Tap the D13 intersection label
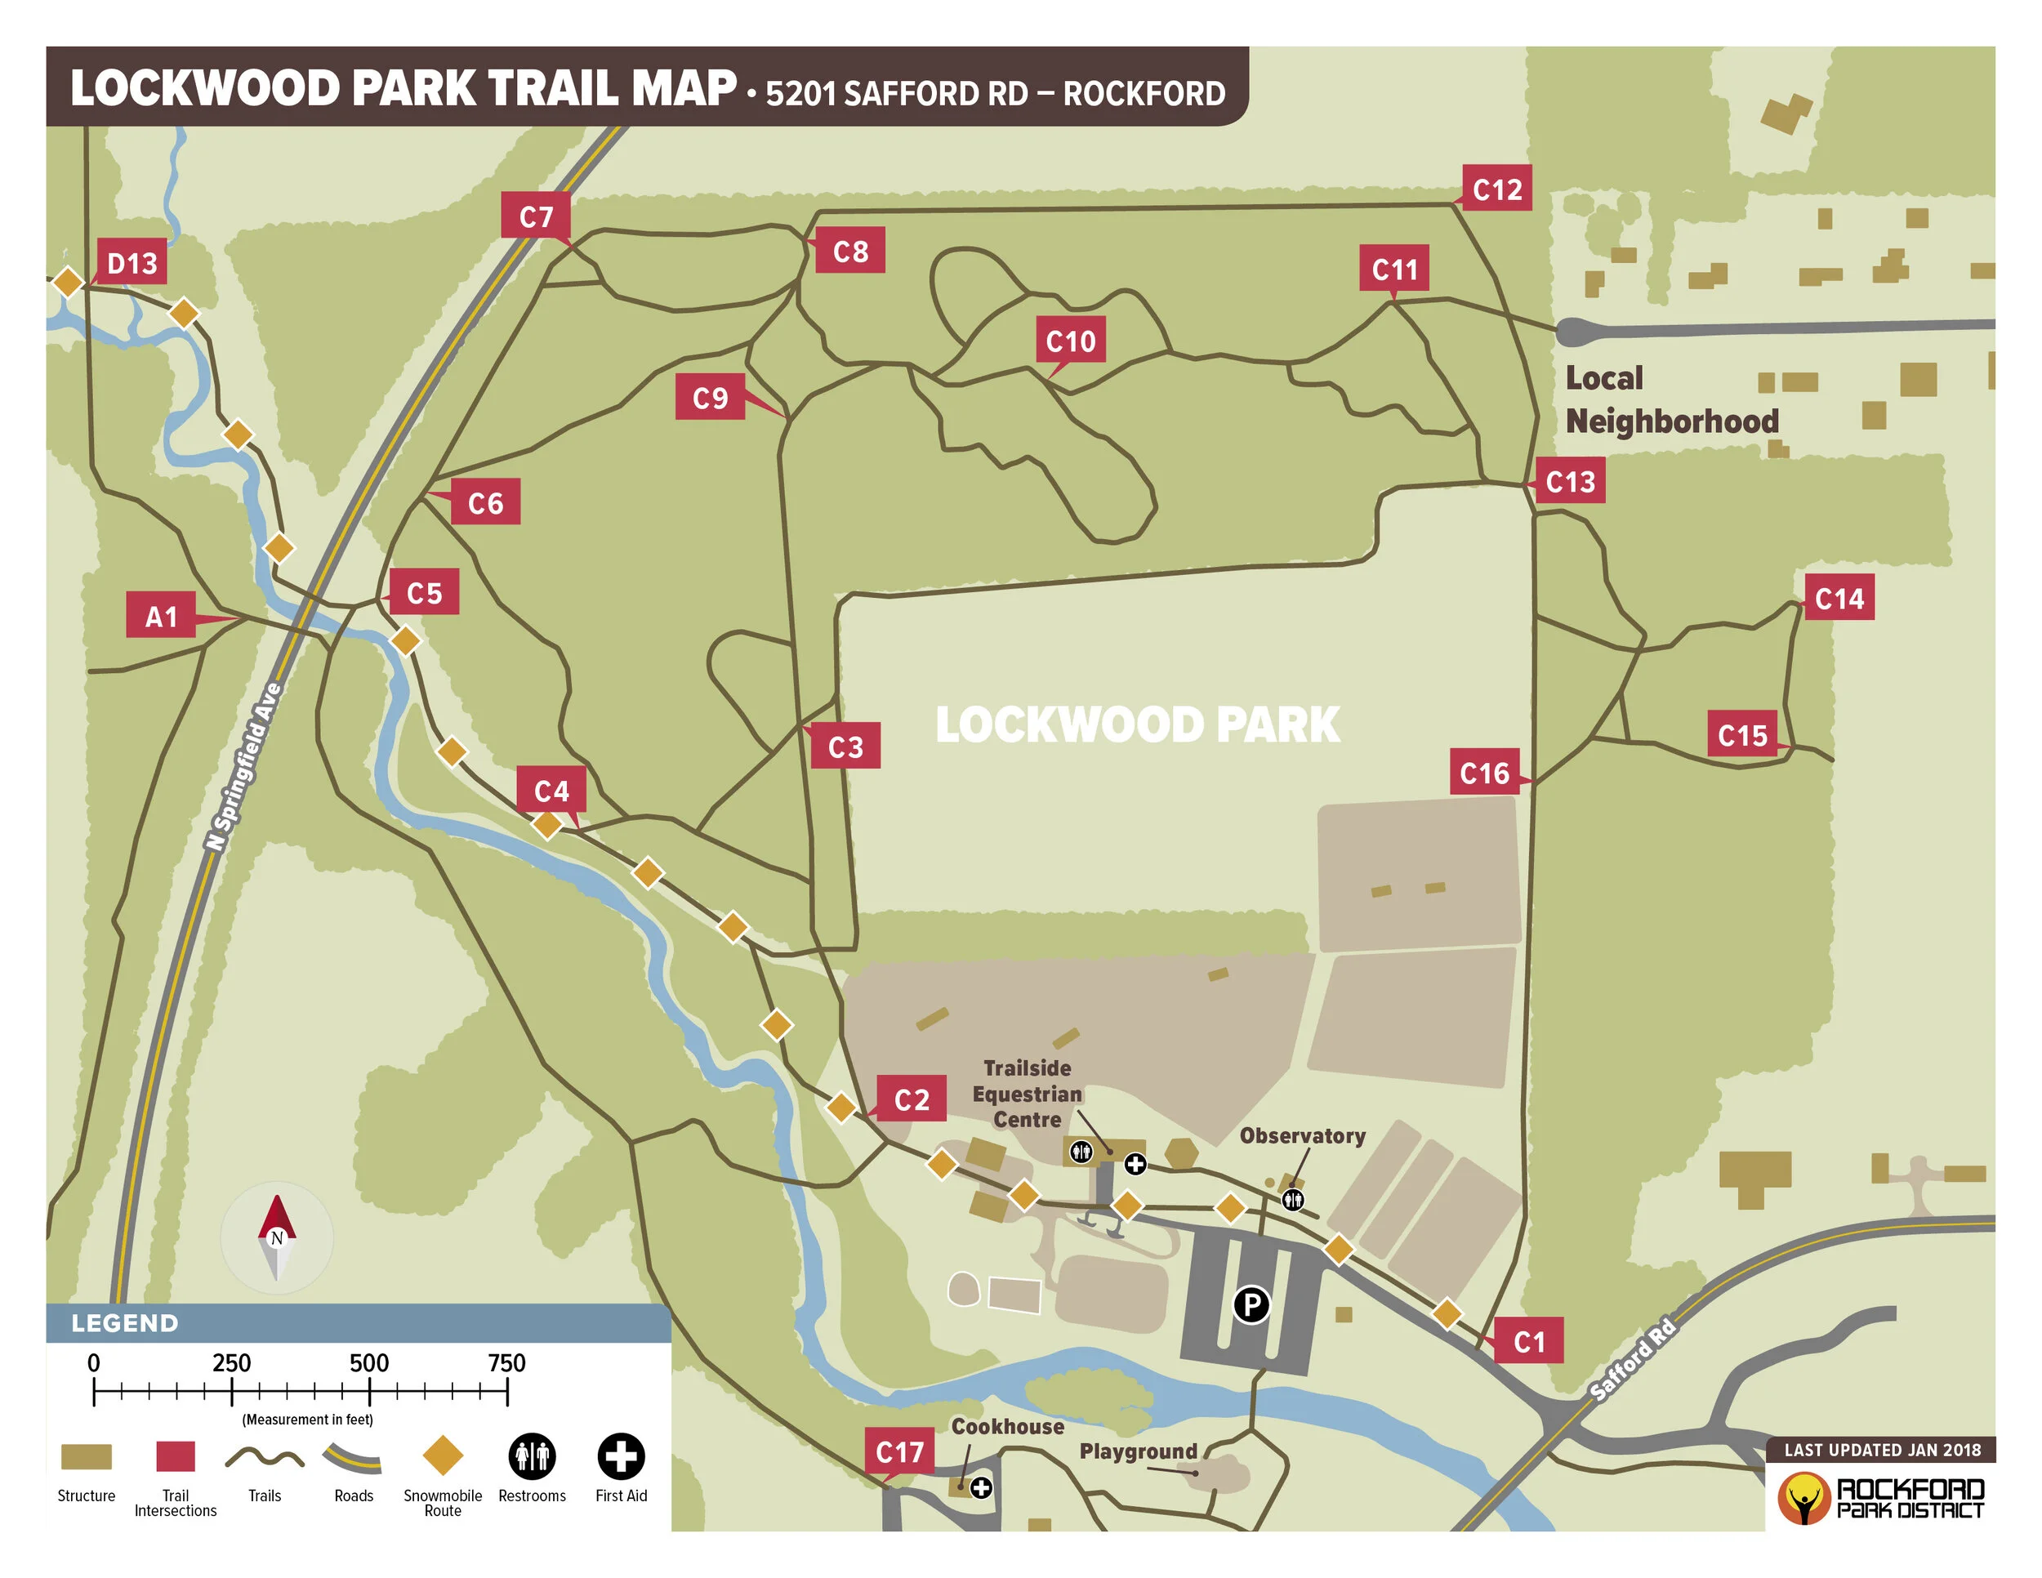click(132, 263)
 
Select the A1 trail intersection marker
click(161, 615)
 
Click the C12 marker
click(1497, 189)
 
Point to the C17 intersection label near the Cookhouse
click(899, 1451)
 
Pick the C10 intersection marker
click(1071, 341)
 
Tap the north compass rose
click(277, 1237)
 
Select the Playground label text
click(1138, 1451)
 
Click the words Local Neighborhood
click(1671, 399)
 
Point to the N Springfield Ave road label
click(243, 767)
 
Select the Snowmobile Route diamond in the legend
click(442, 1455)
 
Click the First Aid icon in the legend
click(621, 1455)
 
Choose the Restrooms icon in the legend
click(532, 1455)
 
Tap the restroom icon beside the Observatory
click(1293, 1198)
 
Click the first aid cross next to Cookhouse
click(981, 1487)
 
